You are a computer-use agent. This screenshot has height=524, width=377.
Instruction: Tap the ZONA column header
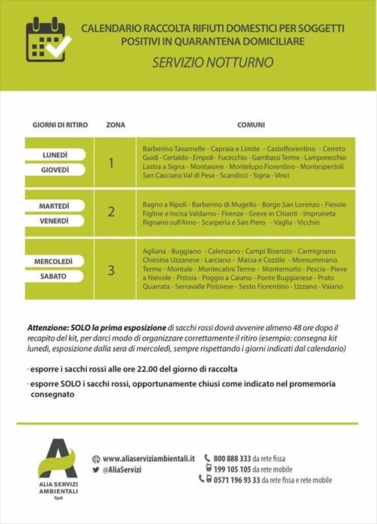point(115,124)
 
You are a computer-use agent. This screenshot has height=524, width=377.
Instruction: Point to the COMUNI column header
point(251,124)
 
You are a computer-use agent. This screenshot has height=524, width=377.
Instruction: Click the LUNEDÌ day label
point(54,155)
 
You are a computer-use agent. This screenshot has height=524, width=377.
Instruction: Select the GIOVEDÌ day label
point(54,170)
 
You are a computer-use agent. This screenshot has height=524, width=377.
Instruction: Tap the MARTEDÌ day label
point(54,206)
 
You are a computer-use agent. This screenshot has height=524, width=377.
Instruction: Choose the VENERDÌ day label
point(54,221)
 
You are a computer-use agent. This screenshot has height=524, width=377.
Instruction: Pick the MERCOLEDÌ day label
point(54,261)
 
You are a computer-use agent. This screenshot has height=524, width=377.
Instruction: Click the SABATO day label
point(54,276)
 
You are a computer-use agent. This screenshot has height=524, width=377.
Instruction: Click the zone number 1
point(111,162)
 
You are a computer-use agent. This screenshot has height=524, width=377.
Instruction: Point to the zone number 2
point(111,212)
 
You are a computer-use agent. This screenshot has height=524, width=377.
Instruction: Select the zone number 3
point(111,269)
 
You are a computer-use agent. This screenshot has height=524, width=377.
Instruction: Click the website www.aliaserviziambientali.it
point(148,458)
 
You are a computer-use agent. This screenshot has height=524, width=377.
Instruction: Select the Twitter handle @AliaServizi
point(123,469)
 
